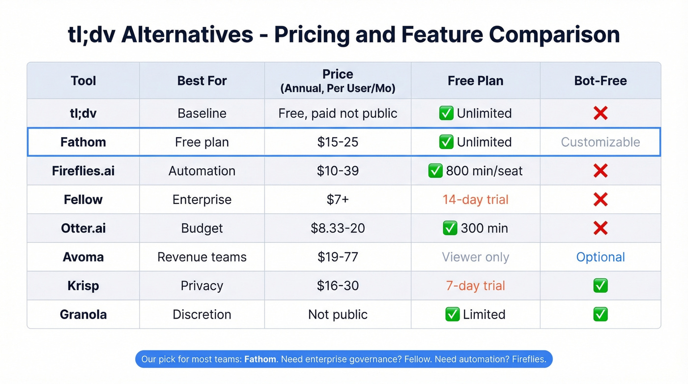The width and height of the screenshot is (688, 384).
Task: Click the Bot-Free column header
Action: (600, 81)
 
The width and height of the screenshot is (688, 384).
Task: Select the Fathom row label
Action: (83, 142)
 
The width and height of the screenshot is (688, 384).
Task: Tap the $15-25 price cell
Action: (338, 142)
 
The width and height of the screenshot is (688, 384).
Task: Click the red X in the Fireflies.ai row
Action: (600, 171)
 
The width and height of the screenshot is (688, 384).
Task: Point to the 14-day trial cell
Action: (475, 200)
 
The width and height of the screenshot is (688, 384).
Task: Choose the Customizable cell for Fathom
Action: (600, 142)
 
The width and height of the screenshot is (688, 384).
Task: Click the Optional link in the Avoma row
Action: (600, 257)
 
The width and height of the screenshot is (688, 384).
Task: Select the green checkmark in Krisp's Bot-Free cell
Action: (600, 286)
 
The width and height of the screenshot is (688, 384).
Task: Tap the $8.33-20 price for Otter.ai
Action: (338, 228)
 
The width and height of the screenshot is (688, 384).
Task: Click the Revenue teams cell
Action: (201, 257)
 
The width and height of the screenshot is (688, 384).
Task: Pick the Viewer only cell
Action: (475, 257)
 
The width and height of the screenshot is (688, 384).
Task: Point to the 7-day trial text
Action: (475, 286)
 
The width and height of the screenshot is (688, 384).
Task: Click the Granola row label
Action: (83, 314)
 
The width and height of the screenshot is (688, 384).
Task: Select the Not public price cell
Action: (338, 314)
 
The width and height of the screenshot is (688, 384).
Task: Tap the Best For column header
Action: (201, 81)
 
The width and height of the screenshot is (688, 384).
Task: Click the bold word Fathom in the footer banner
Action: (260, 359)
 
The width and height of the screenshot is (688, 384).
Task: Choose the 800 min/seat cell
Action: (475, 171)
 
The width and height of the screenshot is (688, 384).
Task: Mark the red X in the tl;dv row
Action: (600, 113)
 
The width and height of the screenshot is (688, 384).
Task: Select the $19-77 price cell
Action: (338, 257)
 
